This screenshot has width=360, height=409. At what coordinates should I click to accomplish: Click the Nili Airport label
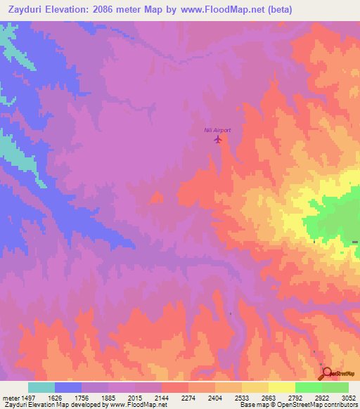[217, 130]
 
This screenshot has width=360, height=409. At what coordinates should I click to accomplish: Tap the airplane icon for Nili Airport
[217, 139]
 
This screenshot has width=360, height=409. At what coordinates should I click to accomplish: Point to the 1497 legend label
[25, 398]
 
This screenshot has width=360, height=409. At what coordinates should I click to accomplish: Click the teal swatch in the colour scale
[41, 387]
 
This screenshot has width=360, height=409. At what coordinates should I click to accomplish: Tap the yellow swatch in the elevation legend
[282, 387]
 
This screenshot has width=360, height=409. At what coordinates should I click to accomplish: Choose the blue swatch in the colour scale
[68, 387]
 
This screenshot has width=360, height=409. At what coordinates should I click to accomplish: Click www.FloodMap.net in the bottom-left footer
[132, 405]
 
